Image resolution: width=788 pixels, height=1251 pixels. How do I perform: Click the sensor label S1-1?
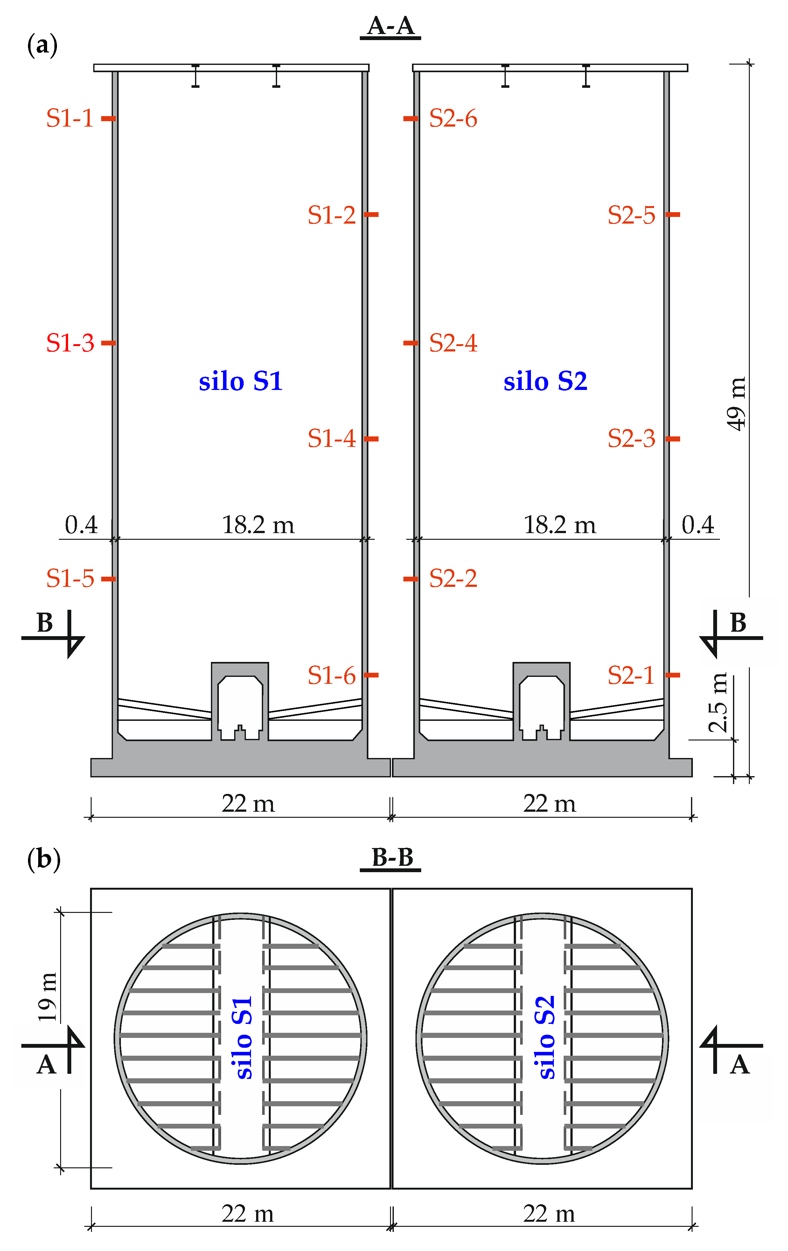click(70, 118)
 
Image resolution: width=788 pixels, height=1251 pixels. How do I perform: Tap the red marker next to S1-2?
click(371, 214)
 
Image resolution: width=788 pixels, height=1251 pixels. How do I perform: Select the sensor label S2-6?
click(453, 118)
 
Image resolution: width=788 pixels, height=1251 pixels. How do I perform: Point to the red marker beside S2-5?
click(673, 214)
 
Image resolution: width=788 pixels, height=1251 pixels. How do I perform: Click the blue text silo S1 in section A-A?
click(241, 381)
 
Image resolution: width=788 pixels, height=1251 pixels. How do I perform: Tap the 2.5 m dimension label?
click(718, 702)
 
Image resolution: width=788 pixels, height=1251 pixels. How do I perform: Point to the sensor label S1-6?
click(331, 675)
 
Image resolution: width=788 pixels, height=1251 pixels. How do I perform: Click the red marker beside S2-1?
click(673, 675)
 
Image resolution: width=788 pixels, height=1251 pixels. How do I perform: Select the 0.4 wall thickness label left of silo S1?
click(81, 525)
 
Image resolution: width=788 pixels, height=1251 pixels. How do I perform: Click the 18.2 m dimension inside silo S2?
click(560, 525)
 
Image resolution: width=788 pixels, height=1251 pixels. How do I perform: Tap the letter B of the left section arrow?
click(45, 622)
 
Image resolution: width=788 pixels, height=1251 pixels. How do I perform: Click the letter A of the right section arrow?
click(739, 1065)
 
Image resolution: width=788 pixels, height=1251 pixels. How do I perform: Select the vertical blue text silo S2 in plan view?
click(544, 1038)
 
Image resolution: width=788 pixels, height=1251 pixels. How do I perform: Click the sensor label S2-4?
click(453, 343)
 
